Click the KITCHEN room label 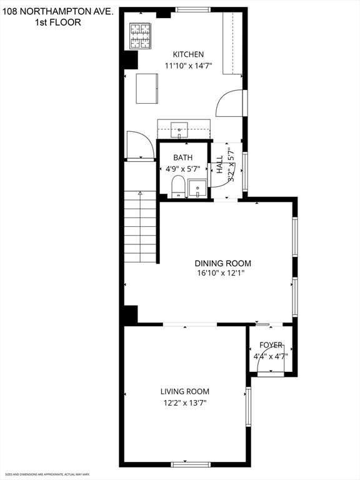tap(188, 54)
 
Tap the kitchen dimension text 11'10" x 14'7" tap(188, 66)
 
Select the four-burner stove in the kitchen tap(140, 36)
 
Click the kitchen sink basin tap(179, 130)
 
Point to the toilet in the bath tap(178, 187)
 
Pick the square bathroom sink tap(197, 189)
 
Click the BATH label tap(183, 157)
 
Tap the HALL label tap(220, 165)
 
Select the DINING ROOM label tap(223, 263)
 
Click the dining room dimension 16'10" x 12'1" tap(221, 272)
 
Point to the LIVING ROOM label tap(185, 391)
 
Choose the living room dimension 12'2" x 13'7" tap(185, 403)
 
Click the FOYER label tap(271, 345)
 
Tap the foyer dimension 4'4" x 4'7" tap(271, 356)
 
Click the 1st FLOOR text tap(58, 22)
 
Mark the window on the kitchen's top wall tap(193, 9)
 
